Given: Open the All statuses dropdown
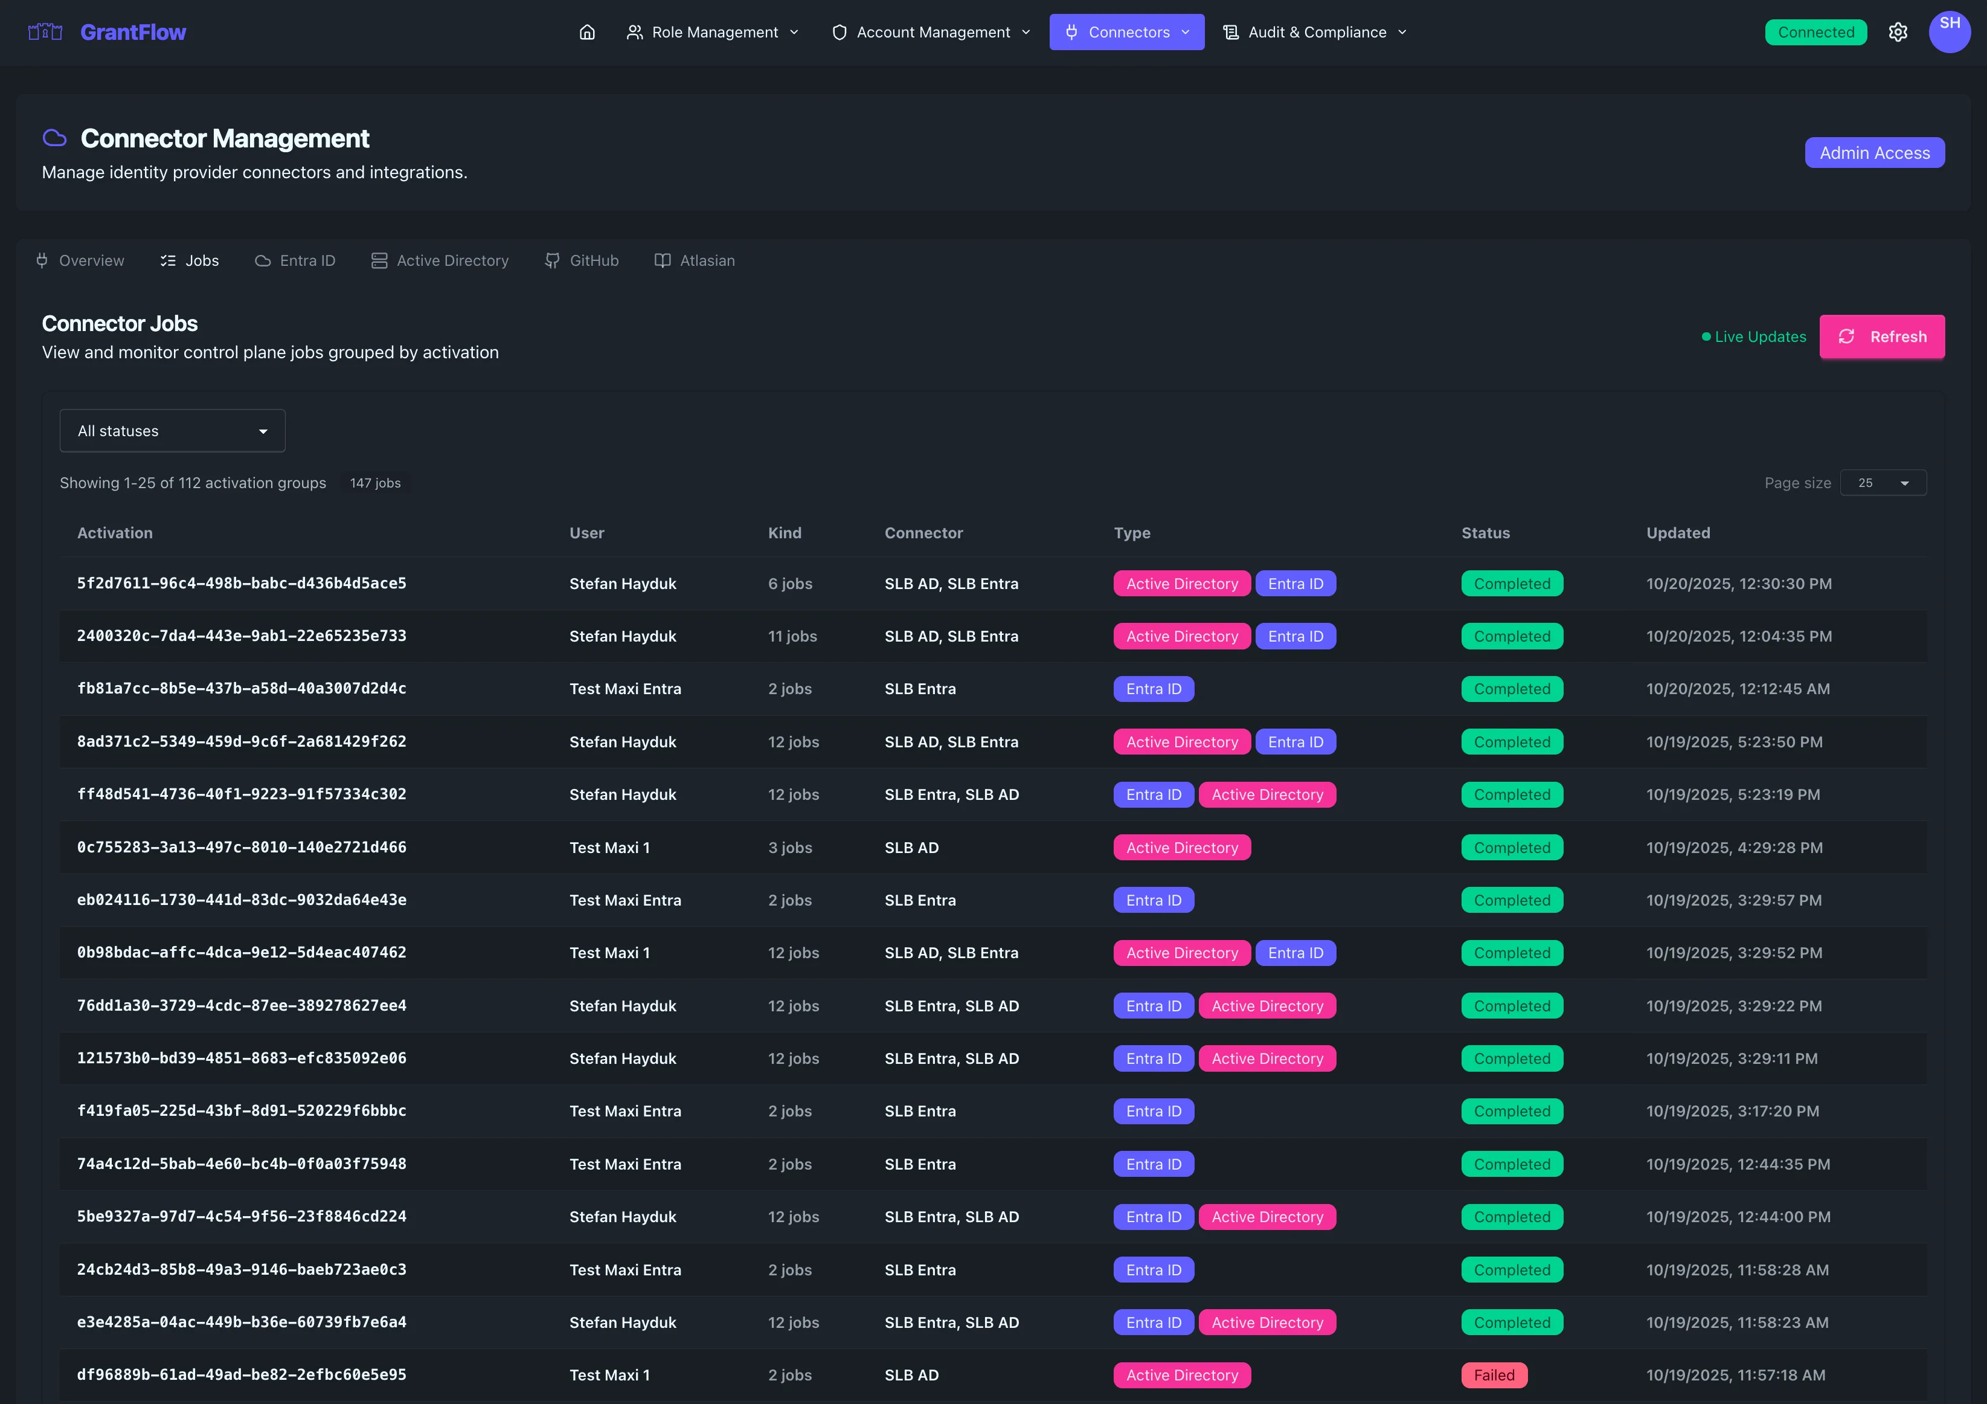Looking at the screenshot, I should click(172, 431).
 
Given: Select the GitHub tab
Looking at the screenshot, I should click(582, 260).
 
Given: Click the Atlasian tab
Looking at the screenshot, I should click(695, 260).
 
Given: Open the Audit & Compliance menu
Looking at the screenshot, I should click(1315, 32).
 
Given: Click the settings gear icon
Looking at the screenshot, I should click(1897, 32).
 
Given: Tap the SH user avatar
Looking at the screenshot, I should click(1949, 31).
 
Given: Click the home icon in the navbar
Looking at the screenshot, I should click(587, 32).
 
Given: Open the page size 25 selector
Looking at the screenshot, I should click(1883, 483).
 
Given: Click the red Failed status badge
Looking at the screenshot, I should click(1494, 1374).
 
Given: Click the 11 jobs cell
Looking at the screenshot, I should click(792, 636).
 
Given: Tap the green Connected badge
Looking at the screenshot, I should click(1815, 32).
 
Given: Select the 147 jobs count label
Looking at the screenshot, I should click(374, 483).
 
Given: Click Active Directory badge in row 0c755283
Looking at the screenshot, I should click(1181, 848).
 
